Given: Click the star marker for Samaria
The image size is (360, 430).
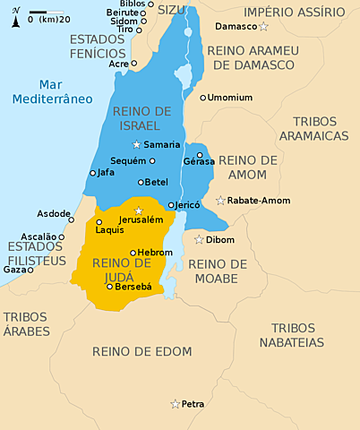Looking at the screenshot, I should click(136, 144).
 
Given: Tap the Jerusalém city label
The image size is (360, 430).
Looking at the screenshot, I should click(141, 219).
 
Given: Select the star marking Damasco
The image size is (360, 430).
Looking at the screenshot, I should click(263, 27).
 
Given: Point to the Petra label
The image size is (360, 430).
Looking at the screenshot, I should click(193, 404).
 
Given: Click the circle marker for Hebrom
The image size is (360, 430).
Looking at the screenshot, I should click(133, 253).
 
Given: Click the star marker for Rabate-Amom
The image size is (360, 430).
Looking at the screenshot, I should click(220, 201).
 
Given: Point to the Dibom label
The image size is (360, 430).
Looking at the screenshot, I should click(219, 240).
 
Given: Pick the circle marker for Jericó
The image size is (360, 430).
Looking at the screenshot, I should click(171, 205).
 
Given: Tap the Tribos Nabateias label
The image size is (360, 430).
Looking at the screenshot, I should click(293, 335).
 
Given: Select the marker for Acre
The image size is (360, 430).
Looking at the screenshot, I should click(133, 64).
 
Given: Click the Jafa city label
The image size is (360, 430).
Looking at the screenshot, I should click(106, 172).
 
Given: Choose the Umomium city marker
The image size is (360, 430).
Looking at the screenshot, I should click(203, 97).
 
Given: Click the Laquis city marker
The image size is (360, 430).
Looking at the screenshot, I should click(99, 221).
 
